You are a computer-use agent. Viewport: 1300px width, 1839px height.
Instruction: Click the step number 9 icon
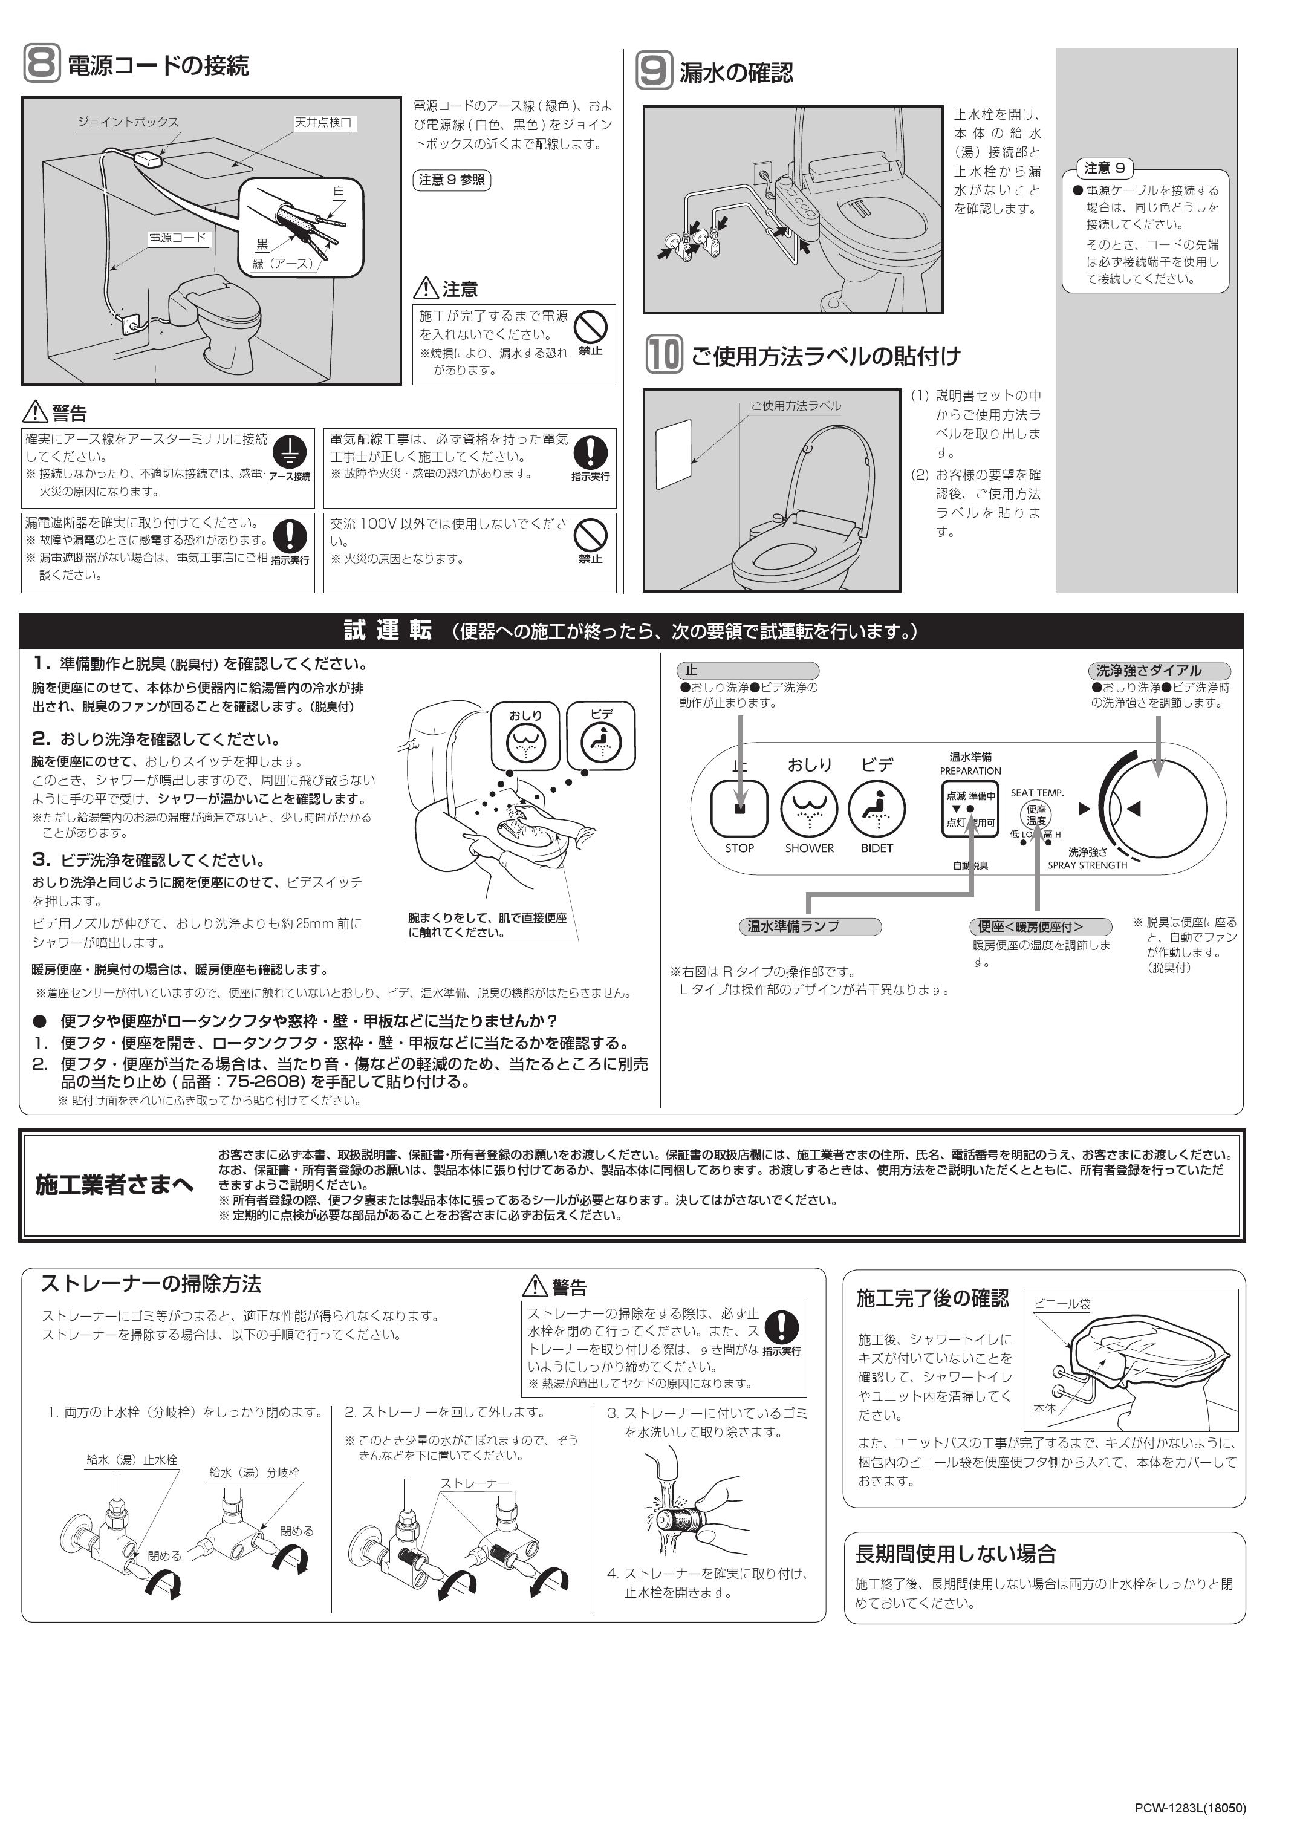coord(654,71)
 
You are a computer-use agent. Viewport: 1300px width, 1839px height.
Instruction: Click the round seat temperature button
coord(1036,815)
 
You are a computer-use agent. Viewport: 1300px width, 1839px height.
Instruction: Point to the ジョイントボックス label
coord(128,122)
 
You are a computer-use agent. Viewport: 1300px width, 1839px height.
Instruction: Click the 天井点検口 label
coord(323,123)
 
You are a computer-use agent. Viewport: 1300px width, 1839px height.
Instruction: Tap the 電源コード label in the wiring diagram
coord(178,238)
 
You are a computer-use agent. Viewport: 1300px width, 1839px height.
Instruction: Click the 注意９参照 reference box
coord(452,180)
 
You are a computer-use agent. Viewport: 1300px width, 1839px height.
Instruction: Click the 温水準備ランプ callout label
coord(809,926)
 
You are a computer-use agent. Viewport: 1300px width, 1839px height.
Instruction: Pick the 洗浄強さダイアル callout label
coord(1159,671)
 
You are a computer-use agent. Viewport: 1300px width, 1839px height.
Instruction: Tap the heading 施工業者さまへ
coord(114,1185)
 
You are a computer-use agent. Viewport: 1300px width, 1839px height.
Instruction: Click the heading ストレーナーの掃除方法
coord(151,1284)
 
